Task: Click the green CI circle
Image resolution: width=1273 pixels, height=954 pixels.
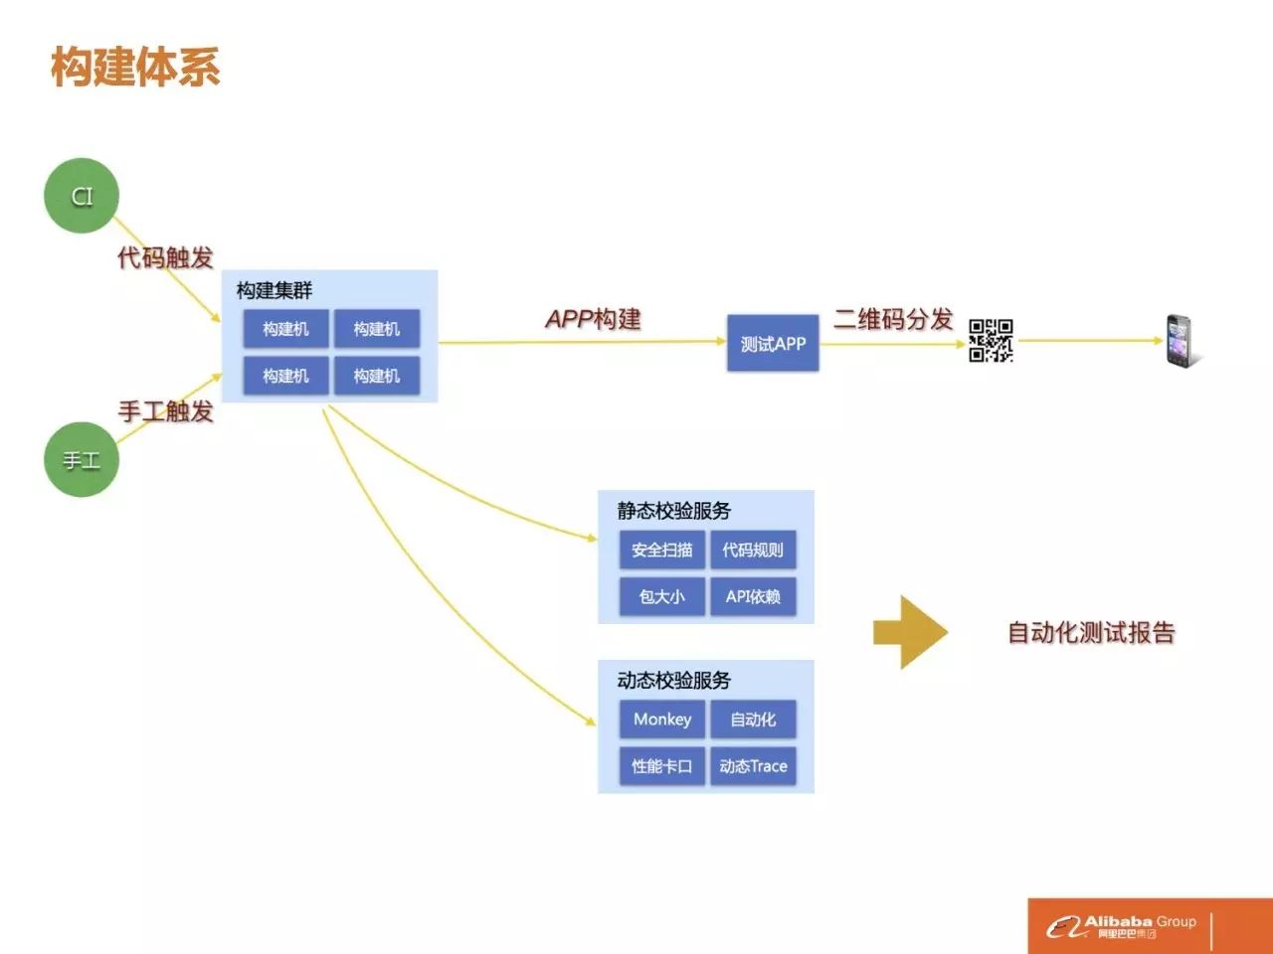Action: pos(82,196)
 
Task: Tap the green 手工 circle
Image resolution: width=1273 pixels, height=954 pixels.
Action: pos(82,460)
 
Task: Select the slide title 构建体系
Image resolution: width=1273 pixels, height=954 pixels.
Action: pos(135,67)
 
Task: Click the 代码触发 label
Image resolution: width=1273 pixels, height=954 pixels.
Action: pos(165,257)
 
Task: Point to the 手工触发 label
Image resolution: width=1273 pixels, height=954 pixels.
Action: pos(165,410)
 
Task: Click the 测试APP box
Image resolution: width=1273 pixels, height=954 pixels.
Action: pos(773,344)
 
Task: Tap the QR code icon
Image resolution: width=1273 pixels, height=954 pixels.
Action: pos(991,341)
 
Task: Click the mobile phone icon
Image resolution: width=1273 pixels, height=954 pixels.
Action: pos(1180,341)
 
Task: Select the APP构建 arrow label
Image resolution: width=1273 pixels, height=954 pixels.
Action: pos(594,319)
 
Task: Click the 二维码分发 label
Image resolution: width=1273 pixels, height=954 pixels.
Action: pos(893,319)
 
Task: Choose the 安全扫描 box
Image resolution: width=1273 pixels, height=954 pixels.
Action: pos(662,550)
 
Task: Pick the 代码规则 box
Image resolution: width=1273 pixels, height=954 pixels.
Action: pos(753,550)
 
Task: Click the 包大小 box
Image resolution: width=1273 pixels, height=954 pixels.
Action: pos(662,596)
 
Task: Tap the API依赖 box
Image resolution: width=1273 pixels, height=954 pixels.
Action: pos(753,596)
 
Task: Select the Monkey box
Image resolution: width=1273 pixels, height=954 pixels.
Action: pos(662,719)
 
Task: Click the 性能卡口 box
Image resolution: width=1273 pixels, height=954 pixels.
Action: pos(662,766)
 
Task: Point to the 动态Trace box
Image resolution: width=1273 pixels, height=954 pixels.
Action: pos(753,766)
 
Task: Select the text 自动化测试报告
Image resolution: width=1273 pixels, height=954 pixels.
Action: pos(1091,632)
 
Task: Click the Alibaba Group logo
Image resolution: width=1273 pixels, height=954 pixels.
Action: pos(1121,926)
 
